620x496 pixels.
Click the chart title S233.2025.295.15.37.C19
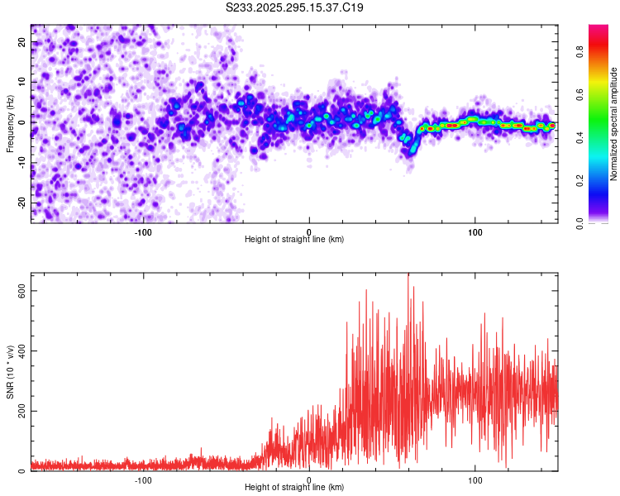295,8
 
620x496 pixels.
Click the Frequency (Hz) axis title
10,122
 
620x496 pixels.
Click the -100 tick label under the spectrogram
143,231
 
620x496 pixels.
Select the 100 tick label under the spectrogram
475,231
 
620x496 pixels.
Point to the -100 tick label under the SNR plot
143,479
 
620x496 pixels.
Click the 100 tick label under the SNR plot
475,479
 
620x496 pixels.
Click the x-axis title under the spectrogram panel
294,240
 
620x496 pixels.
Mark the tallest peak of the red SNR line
408,275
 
